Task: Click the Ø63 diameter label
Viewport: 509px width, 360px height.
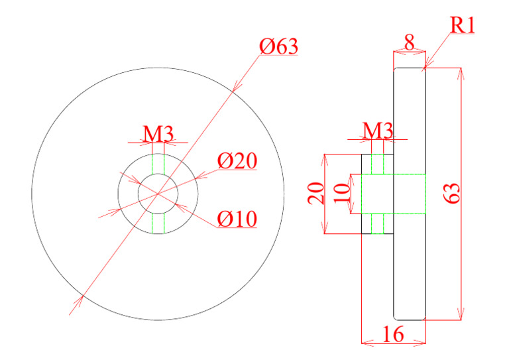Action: coord(278,48)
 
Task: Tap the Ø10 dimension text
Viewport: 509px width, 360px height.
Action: coord(237,218)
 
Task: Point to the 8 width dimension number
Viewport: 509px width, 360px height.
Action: coord(409,43)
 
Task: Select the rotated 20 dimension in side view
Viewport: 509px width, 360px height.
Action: coord(317,194)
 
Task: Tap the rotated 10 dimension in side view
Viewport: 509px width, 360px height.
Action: coord(342,194)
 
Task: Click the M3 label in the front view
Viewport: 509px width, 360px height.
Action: coord(159,133)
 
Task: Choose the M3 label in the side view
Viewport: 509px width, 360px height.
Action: coord(377,130)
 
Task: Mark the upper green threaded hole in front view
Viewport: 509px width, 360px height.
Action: coord(158,164)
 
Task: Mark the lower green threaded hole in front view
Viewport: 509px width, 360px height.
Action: coord(158,223)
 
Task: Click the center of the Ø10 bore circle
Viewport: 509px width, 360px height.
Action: coord(158,194)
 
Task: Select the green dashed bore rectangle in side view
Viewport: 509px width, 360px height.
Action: coord(388,194)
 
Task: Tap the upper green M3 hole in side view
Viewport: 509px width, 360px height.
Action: coord(377,164)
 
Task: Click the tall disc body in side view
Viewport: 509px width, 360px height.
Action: coord(409,265)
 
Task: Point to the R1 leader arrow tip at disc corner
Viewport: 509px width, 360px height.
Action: coord(425,68)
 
